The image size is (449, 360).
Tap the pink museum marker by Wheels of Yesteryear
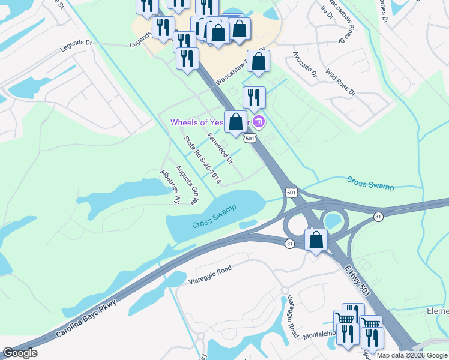pos(259,122)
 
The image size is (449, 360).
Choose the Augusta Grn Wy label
pos(186,185)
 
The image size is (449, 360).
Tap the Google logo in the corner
pos(20,353)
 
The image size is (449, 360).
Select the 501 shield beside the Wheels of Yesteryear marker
pos(251,138)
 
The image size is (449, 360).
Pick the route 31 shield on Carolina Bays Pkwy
pos(290,243)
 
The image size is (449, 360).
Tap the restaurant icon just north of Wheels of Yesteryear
pos(253,97)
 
